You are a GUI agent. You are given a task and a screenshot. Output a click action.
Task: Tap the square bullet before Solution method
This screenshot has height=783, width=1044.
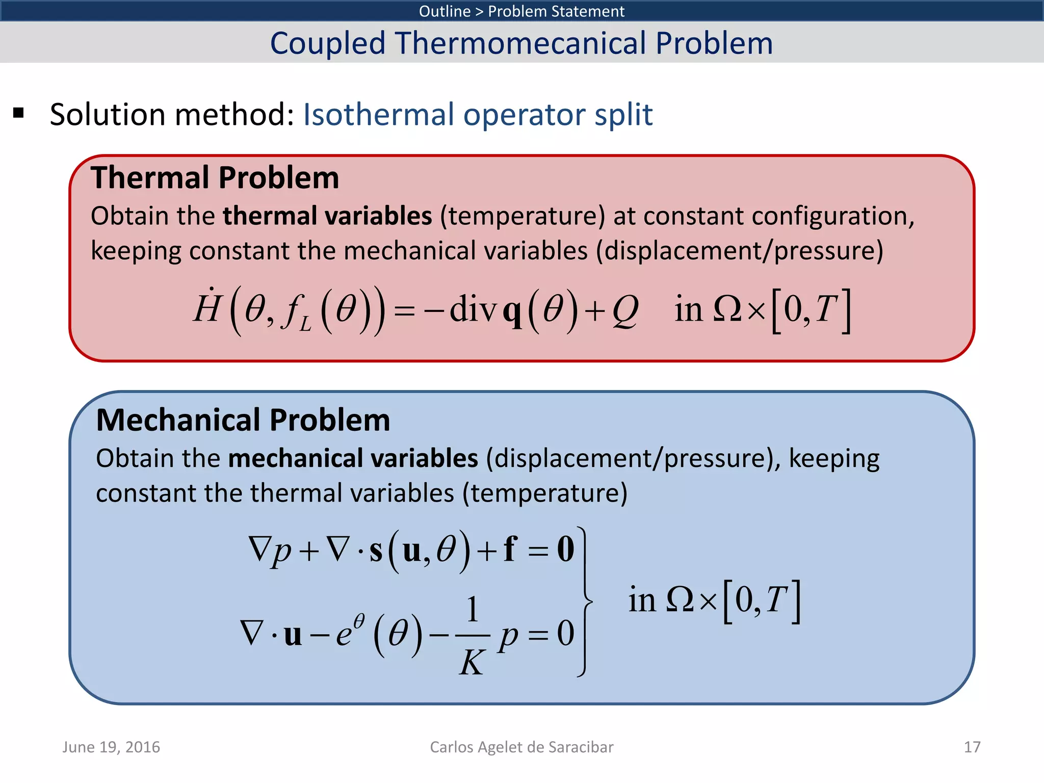pyautogui.click(x=19, y=113)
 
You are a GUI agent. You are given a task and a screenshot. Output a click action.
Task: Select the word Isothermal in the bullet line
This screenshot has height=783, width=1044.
pyautogui.click(x=378, y=114)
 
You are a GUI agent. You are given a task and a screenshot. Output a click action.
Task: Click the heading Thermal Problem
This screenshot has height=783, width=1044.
pyautogui.click(x=215, y=178)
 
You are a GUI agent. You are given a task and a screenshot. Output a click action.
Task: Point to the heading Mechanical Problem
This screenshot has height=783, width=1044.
pyautogui.click(x=243, y=421)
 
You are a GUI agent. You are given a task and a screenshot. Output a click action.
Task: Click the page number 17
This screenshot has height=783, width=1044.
pyautogui.click(x=972, y=747)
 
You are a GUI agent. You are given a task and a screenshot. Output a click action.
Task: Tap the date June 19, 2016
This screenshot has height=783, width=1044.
pyautogui.click(x=111, y=747)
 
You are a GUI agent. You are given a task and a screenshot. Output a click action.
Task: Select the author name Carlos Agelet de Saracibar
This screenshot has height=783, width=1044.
pyautogui.click(x=521, y=747)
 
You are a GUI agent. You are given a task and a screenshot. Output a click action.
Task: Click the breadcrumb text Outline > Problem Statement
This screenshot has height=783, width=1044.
pyautogui.click(x=521, y=11)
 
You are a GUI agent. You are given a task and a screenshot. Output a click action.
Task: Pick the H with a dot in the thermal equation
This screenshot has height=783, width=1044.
pyautogui.click(x=206, y=307)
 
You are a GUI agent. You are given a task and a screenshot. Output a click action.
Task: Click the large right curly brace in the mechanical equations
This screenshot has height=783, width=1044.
pyautogui.click(x=586, y=602)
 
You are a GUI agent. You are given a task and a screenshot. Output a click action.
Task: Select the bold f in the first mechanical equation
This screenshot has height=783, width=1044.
pyautogui.click(x=510, y=549)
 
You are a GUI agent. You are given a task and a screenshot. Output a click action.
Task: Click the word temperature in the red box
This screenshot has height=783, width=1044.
pyautogui.click(x=523, y=216)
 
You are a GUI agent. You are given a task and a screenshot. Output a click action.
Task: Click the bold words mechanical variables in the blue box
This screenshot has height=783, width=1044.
pyautogui.click(x=353, y=458)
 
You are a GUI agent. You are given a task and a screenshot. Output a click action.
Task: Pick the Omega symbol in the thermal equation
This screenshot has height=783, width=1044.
pyautogui.click(x=727, y=309)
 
